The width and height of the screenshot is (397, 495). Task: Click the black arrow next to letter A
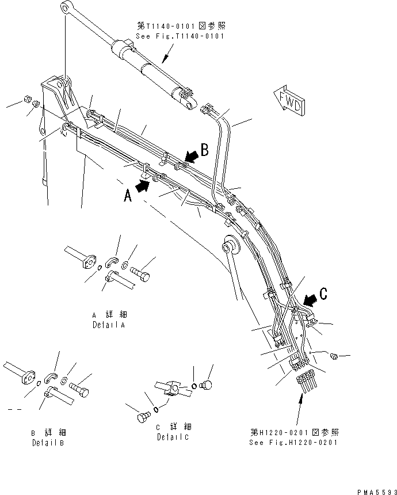(144, 185)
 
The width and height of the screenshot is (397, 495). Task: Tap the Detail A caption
(110, 320)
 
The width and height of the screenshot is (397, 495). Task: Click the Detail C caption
(173, 432)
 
